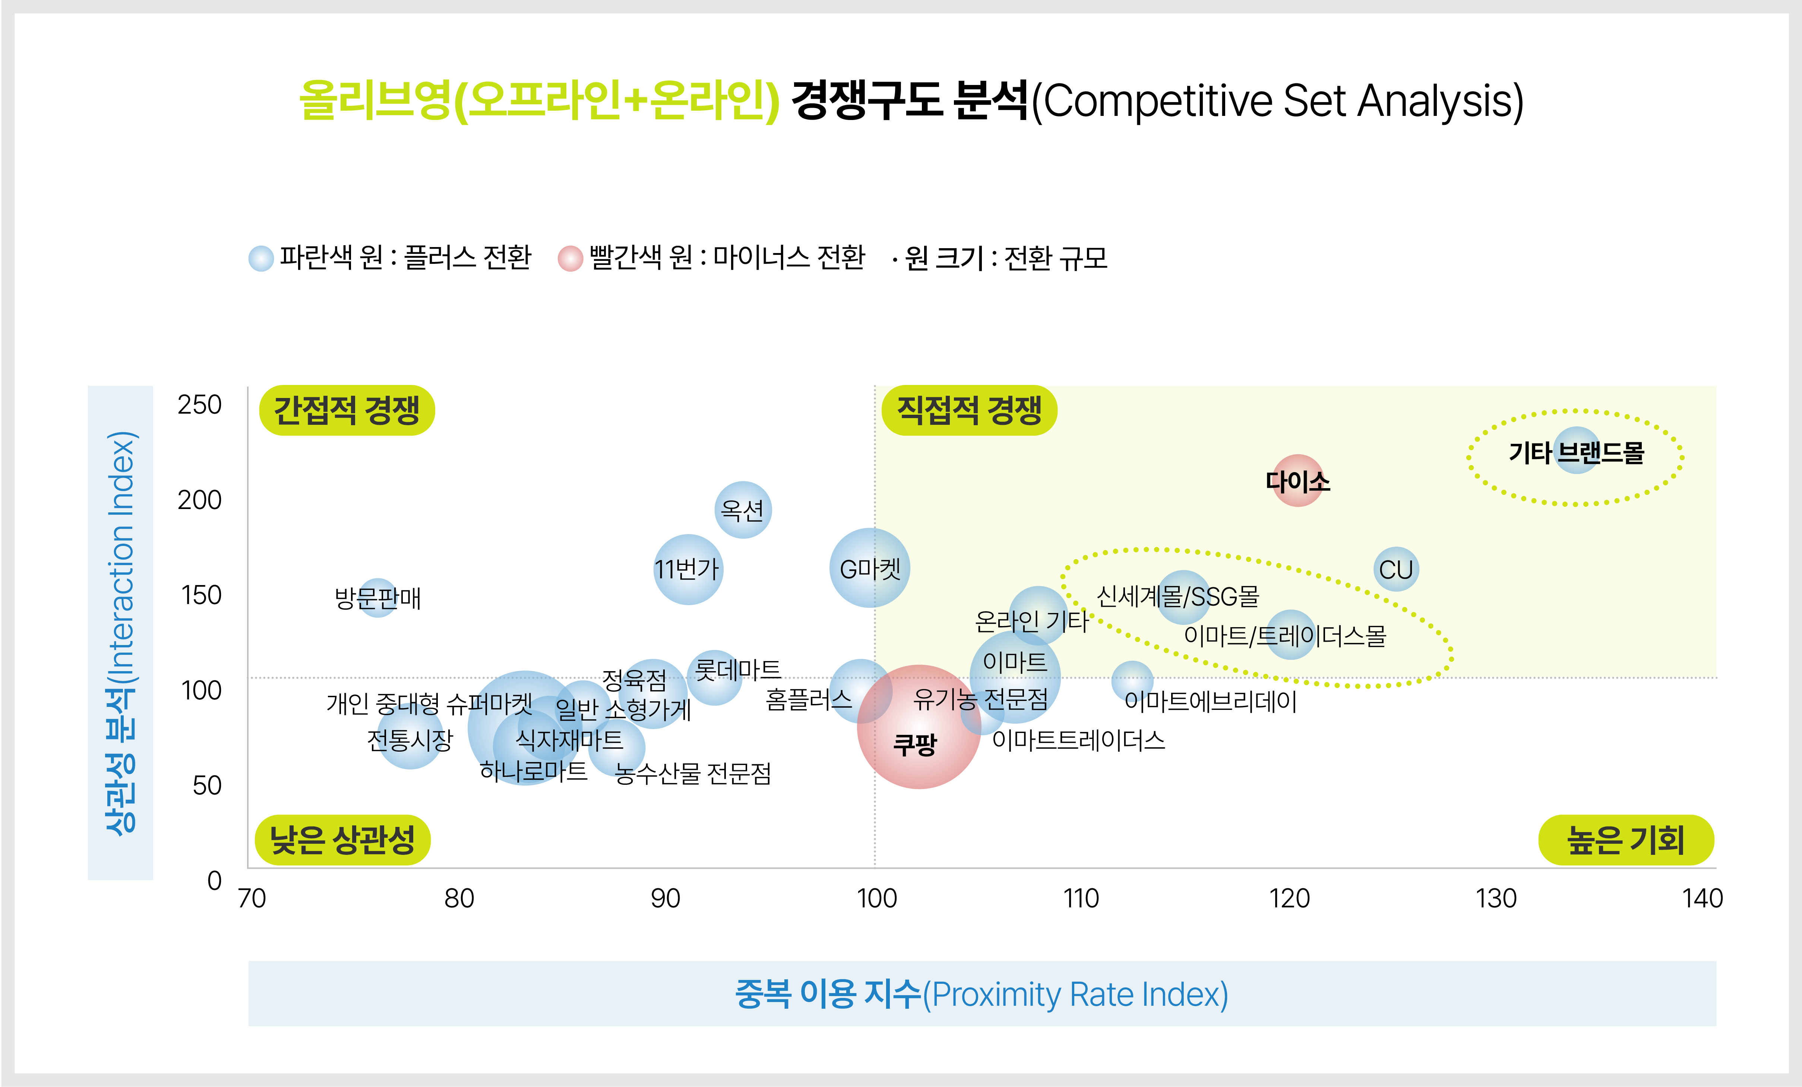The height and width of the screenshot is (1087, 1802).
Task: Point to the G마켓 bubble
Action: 870,568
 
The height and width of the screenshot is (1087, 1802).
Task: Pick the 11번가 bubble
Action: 687,569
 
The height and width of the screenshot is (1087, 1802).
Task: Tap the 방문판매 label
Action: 377,598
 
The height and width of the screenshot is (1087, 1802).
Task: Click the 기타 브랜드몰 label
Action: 1576,453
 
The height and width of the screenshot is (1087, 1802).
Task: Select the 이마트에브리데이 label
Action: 1210,702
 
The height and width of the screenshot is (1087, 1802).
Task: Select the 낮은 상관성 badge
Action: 342,840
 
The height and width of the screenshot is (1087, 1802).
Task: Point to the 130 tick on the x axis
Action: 1496,898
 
